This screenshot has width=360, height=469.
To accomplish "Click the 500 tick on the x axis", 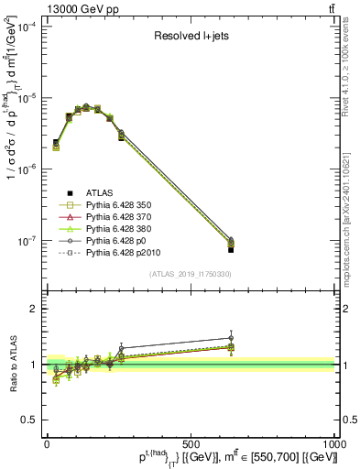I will pyautogui.click(x=191, y=442).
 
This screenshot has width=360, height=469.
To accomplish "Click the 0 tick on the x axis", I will pyautogui.click(x=47, y=442).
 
